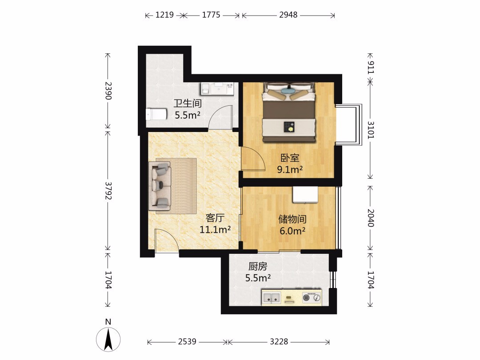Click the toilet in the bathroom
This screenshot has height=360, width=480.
point(156,115)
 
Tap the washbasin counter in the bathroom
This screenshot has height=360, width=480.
point(218,88)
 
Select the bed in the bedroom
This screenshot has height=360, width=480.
point(289,112)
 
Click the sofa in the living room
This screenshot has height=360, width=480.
point(160,186)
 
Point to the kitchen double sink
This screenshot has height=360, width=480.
point(271,297)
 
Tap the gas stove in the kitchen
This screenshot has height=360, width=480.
point(312,297)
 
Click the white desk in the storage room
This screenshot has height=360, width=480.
point(305,194)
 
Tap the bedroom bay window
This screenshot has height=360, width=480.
point(349,124)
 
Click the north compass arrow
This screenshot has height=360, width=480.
point(108,339)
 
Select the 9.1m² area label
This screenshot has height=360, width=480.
point(290,169)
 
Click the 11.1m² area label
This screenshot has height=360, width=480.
point(215,229)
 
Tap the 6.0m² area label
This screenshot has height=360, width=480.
point(292,231)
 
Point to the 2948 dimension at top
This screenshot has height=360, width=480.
point(288,15)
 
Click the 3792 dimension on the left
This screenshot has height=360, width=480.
point(108,191)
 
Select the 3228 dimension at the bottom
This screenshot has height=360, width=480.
point(279,341)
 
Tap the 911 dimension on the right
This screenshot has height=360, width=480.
point(370,68)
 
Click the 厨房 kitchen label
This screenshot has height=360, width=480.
point(257,267)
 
